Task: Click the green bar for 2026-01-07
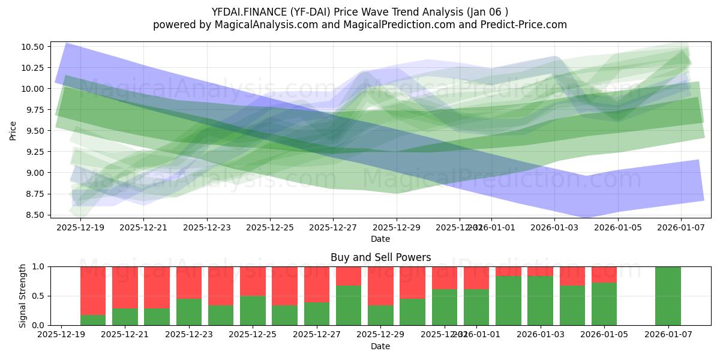(x=668, y=296)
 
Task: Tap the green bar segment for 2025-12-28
(x=349, y=305)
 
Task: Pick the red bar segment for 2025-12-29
(x=380, y=286)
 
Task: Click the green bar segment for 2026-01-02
(x=508, y=301)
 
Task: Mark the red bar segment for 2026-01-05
(x=604, y=274)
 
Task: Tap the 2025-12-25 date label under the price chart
(x=270, y=227)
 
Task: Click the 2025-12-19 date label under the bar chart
(x=61, y=334)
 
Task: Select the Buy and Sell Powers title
(x=380, y=257)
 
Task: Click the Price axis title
(x=14, y=130)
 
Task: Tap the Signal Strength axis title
(x=23, y=296)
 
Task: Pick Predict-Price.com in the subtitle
(x=520, y=25)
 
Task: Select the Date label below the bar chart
(x=380, y=346)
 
